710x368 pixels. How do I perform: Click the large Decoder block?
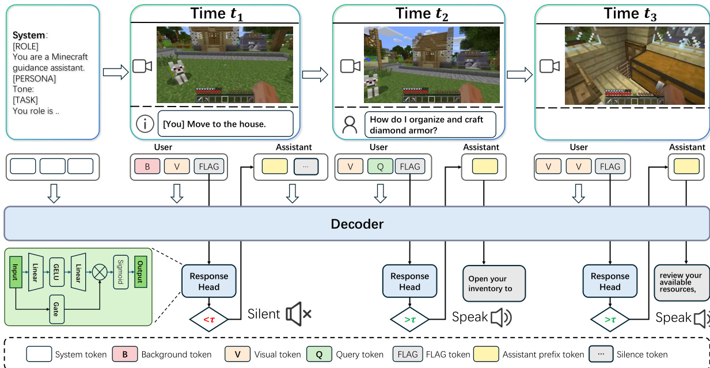(x=356, y=223)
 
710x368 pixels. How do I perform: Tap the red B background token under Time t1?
(x=147, y=167)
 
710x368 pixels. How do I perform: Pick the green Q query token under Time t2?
(x=379, y=167)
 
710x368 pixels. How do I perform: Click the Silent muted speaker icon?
(x=298, y=314)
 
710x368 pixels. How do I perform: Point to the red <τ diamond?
(x=209, y=318)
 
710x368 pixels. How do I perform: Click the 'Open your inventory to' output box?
(x=494, y=283)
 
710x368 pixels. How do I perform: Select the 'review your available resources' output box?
(x=682, y=282)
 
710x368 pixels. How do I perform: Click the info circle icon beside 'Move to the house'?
(x=145, y=124)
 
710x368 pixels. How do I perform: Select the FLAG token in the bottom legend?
(x=408, y=354)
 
